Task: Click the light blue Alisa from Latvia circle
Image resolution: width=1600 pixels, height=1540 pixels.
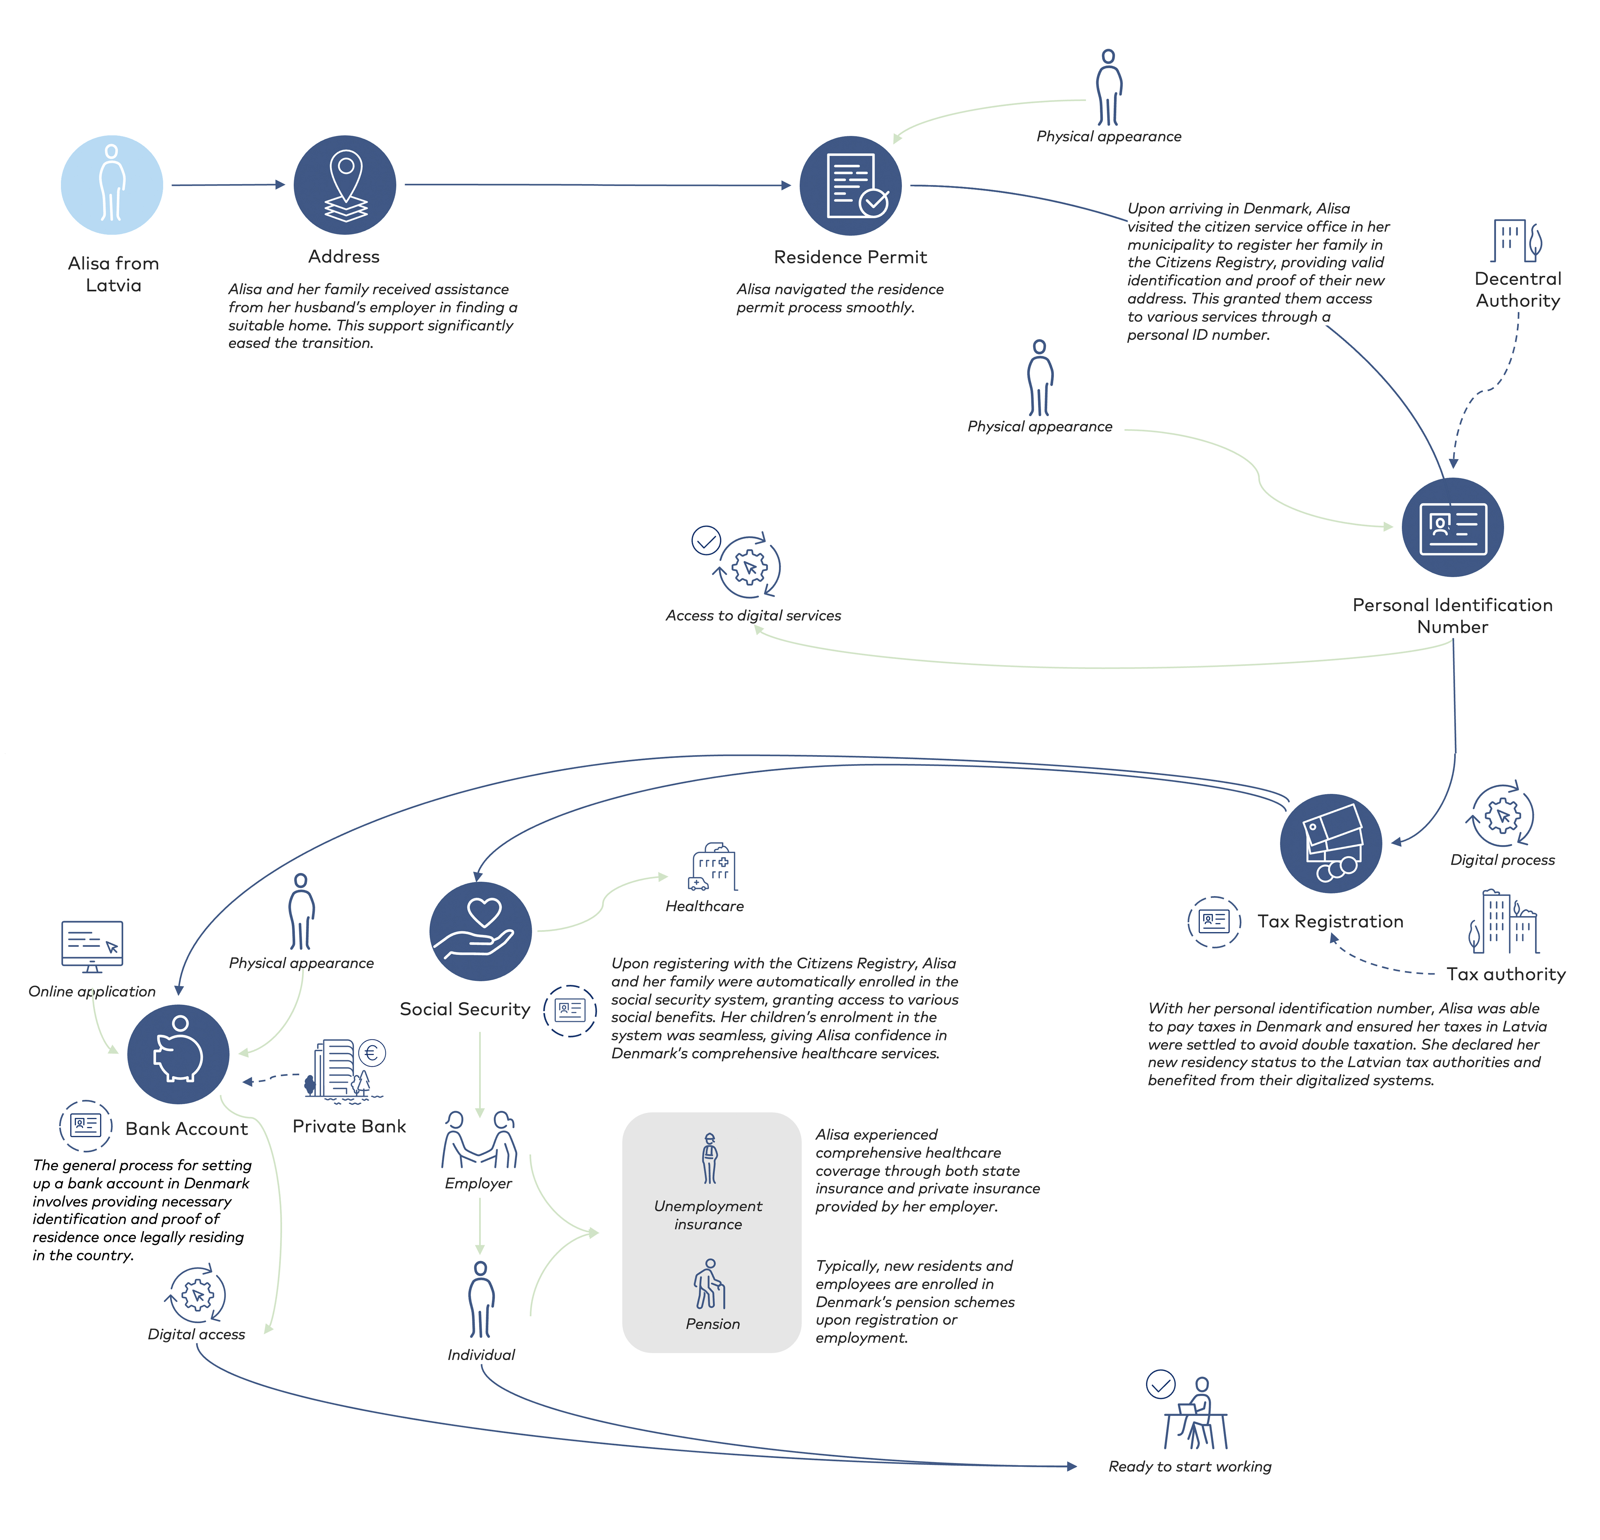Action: pos(112,185)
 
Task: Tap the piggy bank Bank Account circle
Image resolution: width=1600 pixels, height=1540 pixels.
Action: pos(178,1054)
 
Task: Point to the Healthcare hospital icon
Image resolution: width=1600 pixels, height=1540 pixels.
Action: pos(713,866)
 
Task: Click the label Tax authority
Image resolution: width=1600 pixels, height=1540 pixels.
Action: pos(1506,974)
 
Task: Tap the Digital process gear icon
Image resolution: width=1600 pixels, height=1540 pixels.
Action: pos(1502,815)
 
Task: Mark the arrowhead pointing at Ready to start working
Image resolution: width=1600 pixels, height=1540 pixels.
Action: pos(1072,1467)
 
